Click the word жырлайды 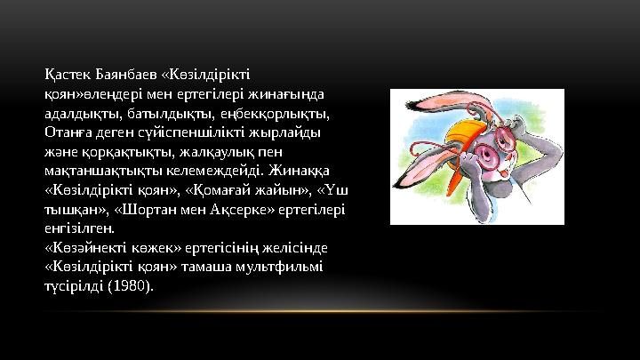(286, 131)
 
